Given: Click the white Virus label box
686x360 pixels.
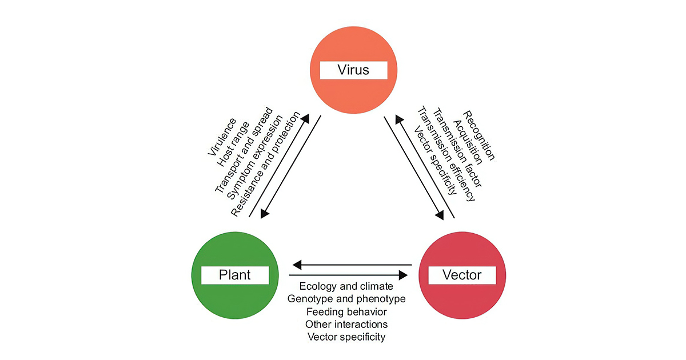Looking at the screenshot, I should pyautogui.click(x=353, y=70).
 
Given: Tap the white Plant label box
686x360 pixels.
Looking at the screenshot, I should pyautogui.click(x=234, y=275).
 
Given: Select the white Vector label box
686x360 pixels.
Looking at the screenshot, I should pyautogui.click(x=462, y=275).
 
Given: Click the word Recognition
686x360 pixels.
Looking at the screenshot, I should pyautogui.click(x=479, y=134).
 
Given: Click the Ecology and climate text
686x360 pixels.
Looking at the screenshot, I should pyautogui.click(x=346, y=286).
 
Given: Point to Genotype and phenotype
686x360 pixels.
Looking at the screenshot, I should pyautogui.click(x=346, y=299).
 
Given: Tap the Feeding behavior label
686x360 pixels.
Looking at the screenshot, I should pyautogui.click(x=346, y=311).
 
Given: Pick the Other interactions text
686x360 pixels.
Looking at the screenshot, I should pyautogui.click(x=346, y=324).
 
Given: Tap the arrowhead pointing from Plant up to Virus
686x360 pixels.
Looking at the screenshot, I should pyautogui.click(x=305, y=119).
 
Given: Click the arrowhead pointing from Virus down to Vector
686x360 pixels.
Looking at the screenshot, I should pyautogui.click(x=440, y=216).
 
